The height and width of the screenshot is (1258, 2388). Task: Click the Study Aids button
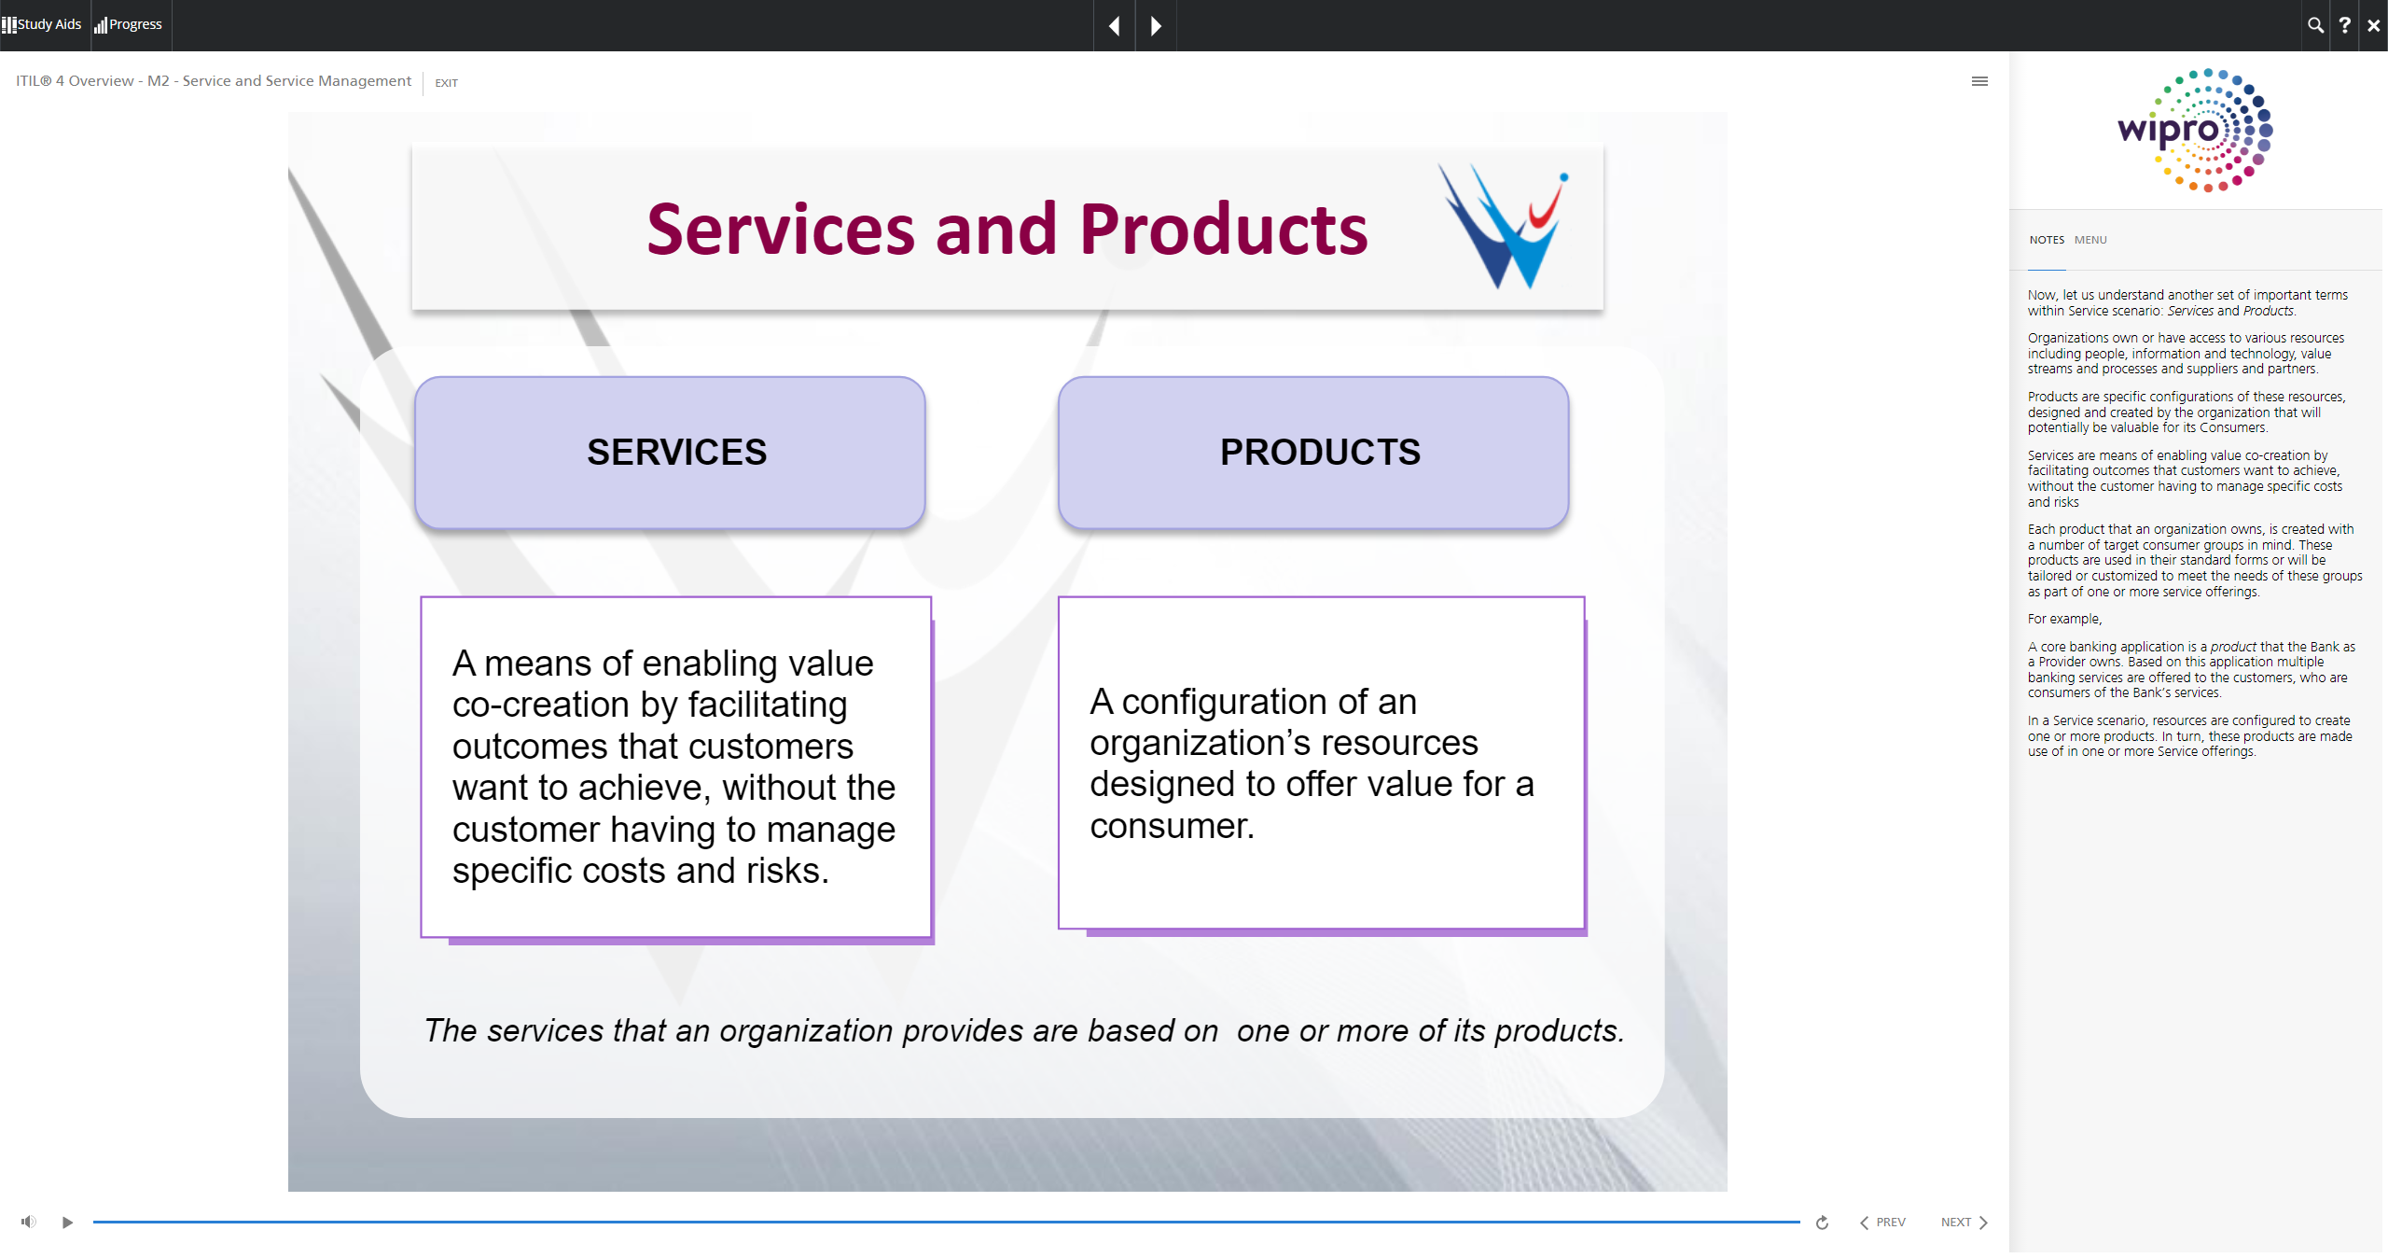point(42,24)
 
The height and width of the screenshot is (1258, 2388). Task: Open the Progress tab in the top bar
point(129,24)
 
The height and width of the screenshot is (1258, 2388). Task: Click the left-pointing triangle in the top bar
point(1114,26)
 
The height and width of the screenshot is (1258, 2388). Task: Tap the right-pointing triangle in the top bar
point(1156,26)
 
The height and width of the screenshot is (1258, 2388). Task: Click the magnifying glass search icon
point(2315,25)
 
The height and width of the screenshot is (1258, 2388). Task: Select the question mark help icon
point(2344,25)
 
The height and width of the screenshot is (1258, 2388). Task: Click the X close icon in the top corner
point(2373,25)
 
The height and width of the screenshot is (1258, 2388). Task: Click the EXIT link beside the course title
point(446,83)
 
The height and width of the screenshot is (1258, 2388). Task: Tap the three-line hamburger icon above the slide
point(1979,81)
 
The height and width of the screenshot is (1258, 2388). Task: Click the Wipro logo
point(2195,130)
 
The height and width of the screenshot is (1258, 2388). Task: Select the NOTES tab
point(2047,240)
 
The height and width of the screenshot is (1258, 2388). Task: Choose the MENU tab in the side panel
point(2090,240)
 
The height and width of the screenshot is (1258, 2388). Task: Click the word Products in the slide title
point(1224,230)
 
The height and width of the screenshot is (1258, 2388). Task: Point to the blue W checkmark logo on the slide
point(1503,227)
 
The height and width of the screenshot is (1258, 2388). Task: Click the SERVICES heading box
point(670,453)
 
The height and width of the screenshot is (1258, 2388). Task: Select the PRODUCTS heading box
point(1313,453)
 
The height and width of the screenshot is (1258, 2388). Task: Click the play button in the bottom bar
point(67,1223)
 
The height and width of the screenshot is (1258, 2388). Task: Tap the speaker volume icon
point(29,1222)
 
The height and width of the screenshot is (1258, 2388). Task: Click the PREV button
point(1882,1223)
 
